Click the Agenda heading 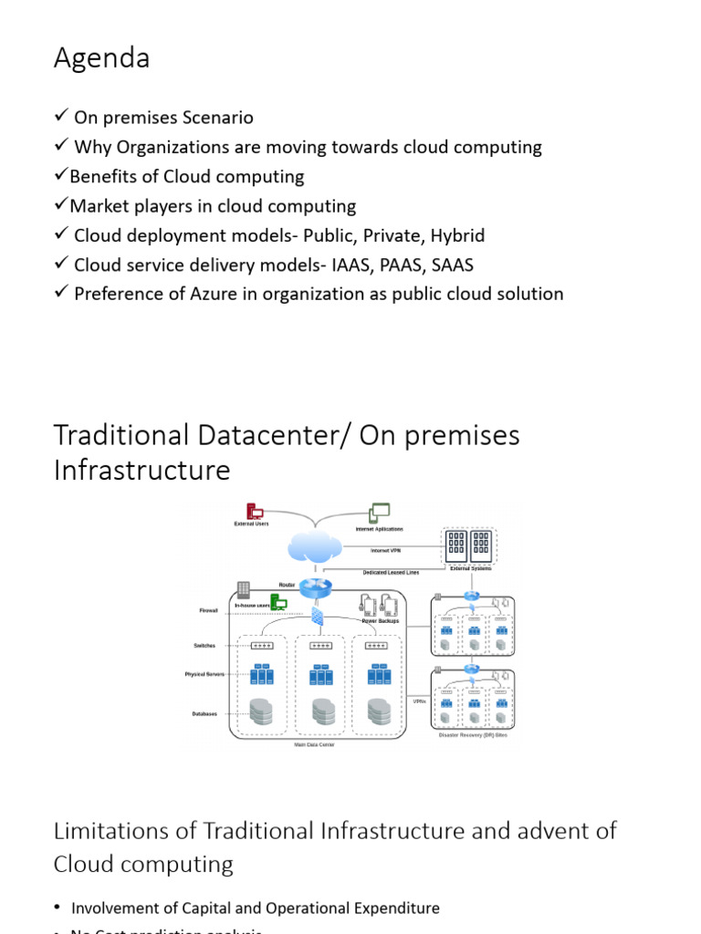click(101, 58)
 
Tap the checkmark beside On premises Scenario click(61, 117)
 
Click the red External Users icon click(255, 513)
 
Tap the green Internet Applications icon click(379, 514)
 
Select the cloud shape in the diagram click(315, 547)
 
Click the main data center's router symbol click(316, 588)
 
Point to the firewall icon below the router click(317, 617)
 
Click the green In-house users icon click(278, 602)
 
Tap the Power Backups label click(381, 621)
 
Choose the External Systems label click(470, 568)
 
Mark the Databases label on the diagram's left click(204, 713)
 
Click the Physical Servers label click(204, 675)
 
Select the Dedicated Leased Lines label click(391, 572)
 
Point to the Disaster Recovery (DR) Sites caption click(473, 735)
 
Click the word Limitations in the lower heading click(124, 831)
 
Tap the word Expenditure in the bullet click(392, 908)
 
